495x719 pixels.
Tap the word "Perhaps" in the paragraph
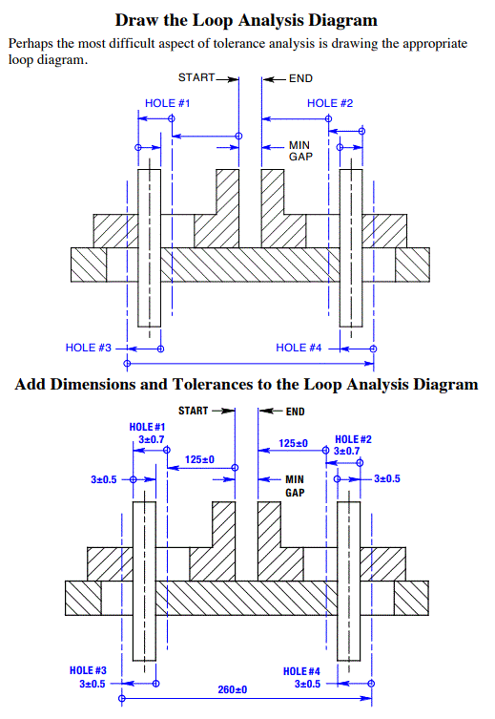click(x=31, y=44)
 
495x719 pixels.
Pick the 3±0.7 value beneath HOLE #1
click(x=150, y=439)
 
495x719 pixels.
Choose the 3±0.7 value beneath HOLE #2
click(x=347, y=451)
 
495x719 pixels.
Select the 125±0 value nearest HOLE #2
click(x=294, y=443)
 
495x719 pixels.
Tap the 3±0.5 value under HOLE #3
click(x=93, y=684)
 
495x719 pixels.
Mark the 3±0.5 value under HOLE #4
click(x=307, y=685)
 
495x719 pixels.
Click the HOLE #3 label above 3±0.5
click(x=90, y=670)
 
